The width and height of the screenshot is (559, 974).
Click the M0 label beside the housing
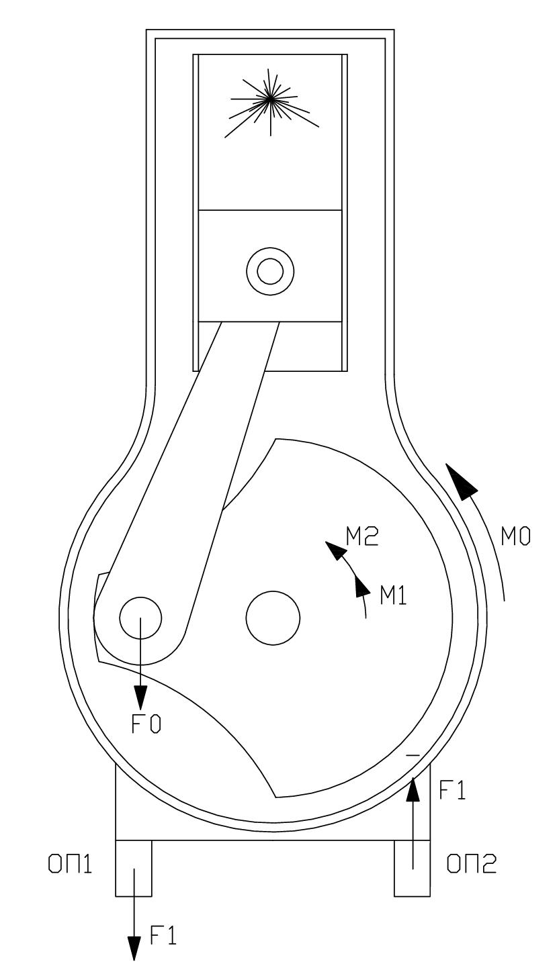click(x=515, y=537)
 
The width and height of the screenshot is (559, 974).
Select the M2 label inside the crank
click(x=362, y=536)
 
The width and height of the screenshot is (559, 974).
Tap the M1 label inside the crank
click(x=393, y=595)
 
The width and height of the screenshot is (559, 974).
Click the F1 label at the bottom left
click(x=163, y=935)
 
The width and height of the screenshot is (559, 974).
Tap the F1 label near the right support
click(x=452, y=801)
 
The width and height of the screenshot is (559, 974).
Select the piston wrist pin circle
click(x=270, y=271)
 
